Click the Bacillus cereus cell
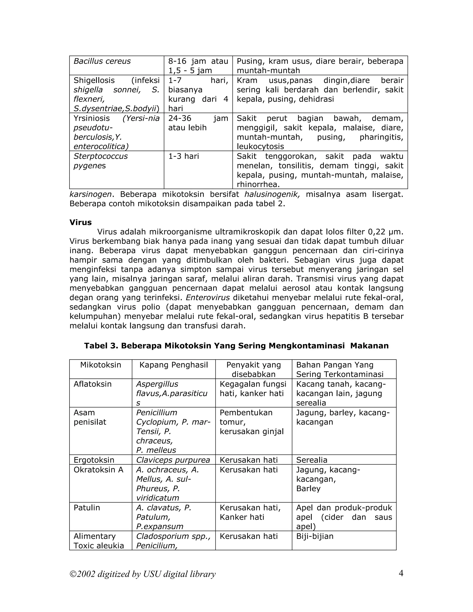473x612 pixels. (x=102, y=61)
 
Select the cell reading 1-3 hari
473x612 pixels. (x=184, y=156)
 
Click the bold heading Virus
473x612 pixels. (x=80, y=222)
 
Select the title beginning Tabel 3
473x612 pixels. (x=236, y=346)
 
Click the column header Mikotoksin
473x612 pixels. (x=101, y=365)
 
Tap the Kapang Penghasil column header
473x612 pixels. (x=174, y=365)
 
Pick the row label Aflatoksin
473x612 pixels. (x=92, y=384)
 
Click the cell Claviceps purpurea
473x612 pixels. (x=173, y=460)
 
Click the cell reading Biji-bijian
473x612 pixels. (x=315, y=536)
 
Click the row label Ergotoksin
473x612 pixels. (x=94, y=460)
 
